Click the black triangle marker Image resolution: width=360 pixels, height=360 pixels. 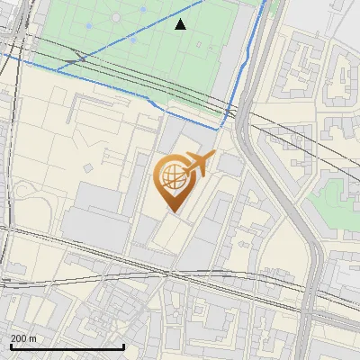point(180,24)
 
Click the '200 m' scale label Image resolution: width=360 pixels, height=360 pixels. point(23,338)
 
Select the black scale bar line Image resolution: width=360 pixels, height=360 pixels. point(67,346)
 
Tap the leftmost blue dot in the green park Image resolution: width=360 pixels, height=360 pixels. point(88,26)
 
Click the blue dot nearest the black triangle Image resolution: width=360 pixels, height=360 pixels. point(143,10)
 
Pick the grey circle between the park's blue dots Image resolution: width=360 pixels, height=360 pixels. point(115,18)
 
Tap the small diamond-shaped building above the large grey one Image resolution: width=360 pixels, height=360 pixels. point(89,167)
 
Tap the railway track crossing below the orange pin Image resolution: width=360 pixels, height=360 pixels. point(171,270)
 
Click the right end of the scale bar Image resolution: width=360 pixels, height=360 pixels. point(123,346)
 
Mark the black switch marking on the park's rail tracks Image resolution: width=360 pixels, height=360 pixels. point(79,58)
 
